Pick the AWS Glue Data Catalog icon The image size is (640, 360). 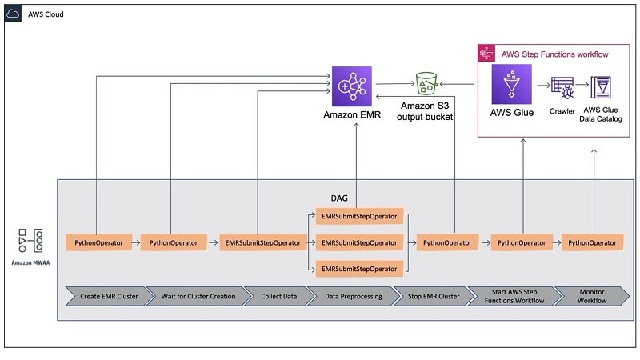pyautogui.click(x=600, y=86)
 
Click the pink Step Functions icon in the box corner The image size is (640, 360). pyautogui.click(x=484, y=54)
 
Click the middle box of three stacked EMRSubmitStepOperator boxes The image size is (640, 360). pyautogui.click(x=359, y=242)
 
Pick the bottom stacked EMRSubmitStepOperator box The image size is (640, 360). pyautogui.click(x=359, y=268)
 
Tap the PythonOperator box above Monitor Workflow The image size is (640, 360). pyautogui.click(x=592, y=242)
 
